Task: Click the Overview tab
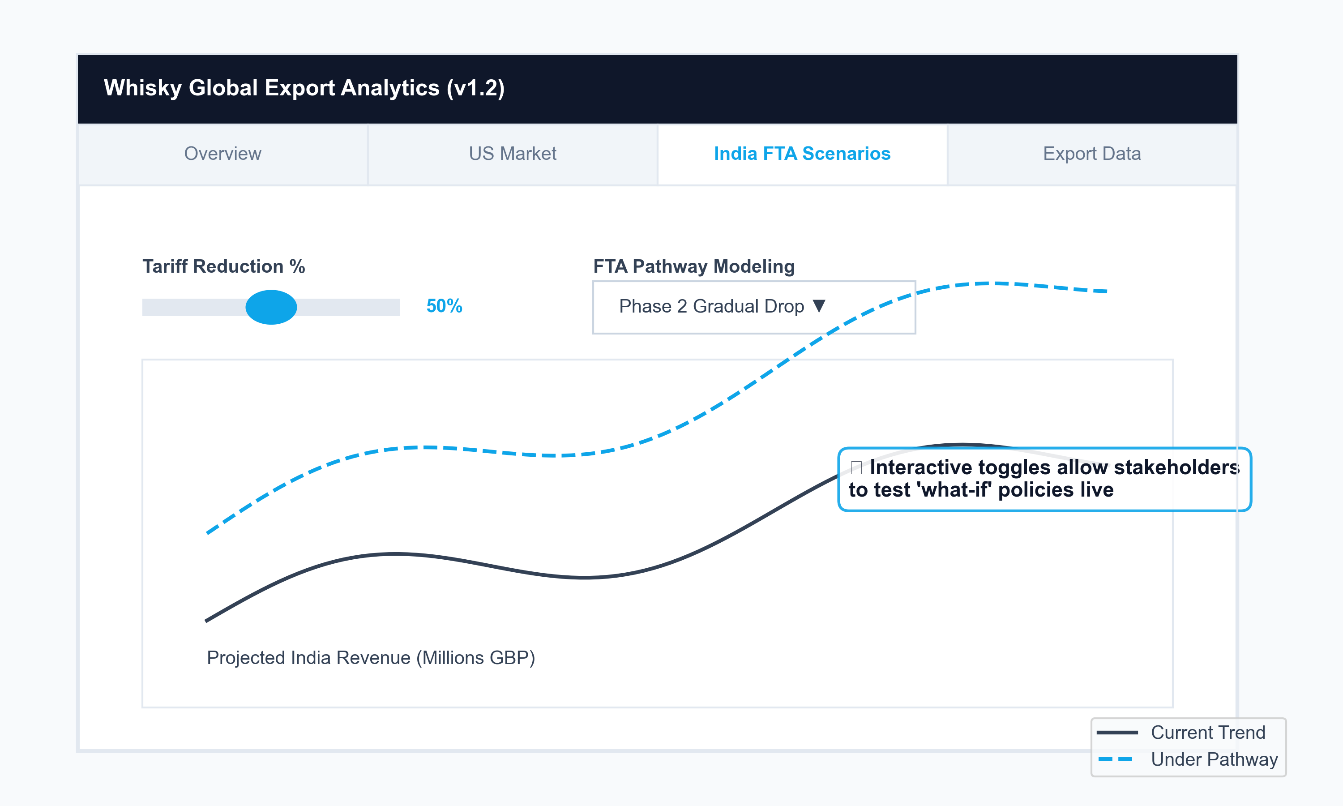[x=222, y=154]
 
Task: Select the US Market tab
[x=513, y=154]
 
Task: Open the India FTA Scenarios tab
[x=802, y=154]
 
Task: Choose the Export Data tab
[x=1092, y=154]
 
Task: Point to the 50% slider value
[x=444, y=306]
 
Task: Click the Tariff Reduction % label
[x=224, y=266]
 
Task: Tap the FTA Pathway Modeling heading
[x=693, y=266]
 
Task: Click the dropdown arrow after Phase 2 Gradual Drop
[x=819, y=306]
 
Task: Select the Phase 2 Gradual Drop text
[x=711, y=306]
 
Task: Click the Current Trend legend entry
[x=1207, y=732]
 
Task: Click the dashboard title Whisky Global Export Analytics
[x=271, y=88]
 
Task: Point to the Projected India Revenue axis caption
[x=371, y=658]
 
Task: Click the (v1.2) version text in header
[x=475, y=88]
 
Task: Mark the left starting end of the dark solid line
[x=207, y=620]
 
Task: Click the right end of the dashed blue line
[x=1106, y=291]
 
